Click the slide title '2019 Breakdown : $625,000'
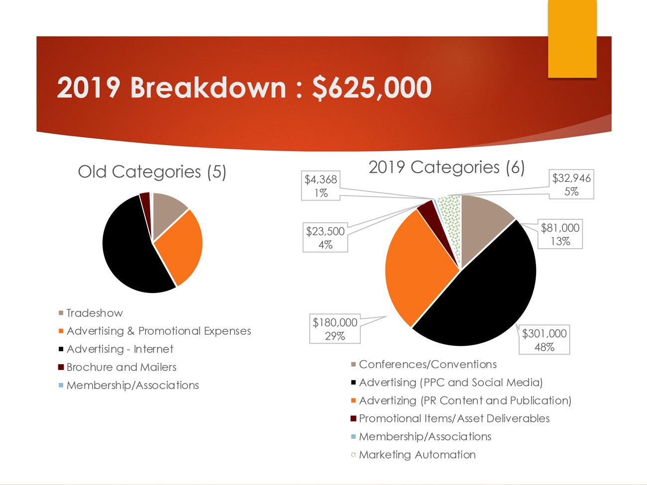(x=244, y=88)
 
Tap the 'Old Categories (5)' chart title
(x=152, y=172)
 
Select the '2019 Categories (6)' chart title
(x=446, y=168)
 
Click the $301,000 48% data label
(x=544, y=340)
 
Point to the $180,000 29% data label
(x=335, y=329)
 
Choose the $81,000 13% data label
(x=560, y=235)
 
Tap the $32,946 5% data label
(x=571, y=185)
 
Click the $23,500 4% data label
(x=325, y=238)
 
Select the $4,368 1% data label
(x=321, y=186)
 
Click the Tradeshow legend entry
(x=94, y=313)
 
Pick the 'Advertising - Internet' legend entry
(x=119, y=349)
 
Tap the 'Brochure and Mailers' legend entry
(x=121, y=368)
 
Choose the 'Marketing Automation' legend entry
(x=417, y=455)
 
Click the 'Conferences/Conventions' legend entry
(x=427, y=365)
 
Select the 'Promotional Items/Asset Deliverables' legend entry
(x=453, y=419)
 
